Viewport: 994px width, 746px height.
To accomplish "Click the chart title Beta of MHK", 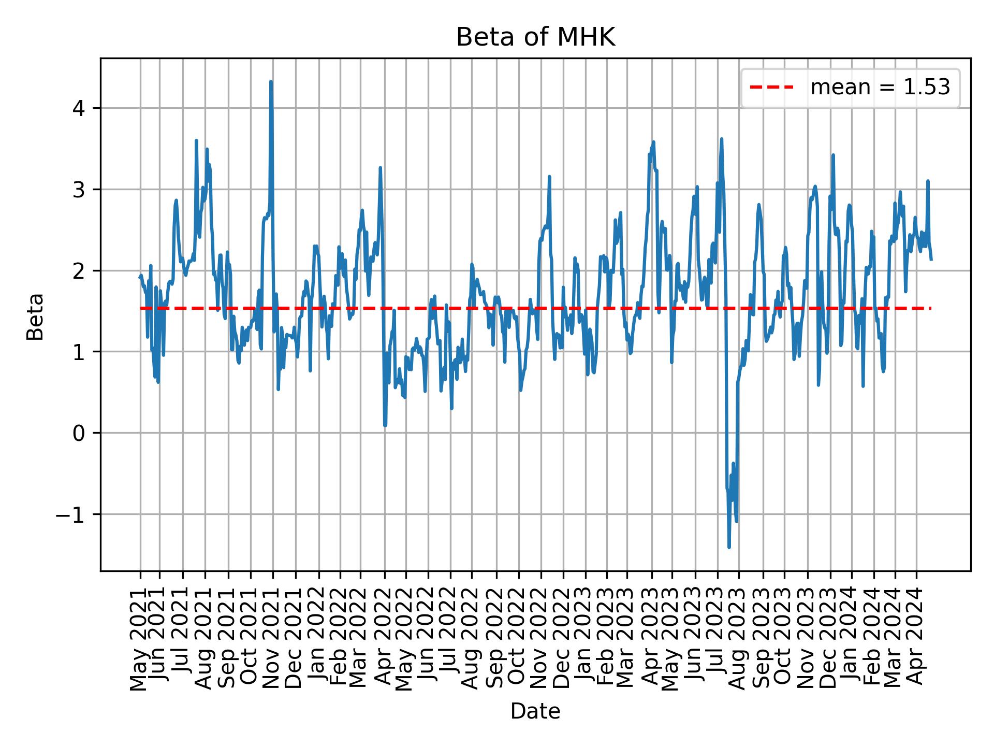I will [x=535, y=38].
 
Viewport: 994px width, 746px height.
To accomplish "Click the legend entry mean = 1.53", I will [x=880, y=88].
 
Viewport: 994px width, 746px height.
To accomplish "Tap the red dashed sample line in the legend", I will [x=771, y=88].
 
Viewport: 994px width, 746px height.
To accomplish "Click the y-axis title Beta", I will [x=35, y=317].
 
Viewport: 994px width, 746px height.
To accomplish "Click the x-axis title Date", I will [x=535, y=711].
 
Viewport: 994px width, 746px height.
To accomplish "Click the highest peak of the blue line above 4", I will [x=271, y=82].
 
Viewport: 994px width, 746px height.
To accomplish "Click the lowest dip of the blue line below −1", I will [x=729, y=547].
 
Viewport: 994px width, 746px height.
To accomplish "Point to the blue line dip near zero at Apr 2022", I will [x=385, y=425].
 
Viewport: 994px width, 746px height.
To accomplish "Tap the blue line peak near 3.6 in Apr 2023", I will [x=653, y=142].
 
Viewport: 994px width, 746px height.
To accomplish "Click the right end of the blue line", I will [x=931, y=259].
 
